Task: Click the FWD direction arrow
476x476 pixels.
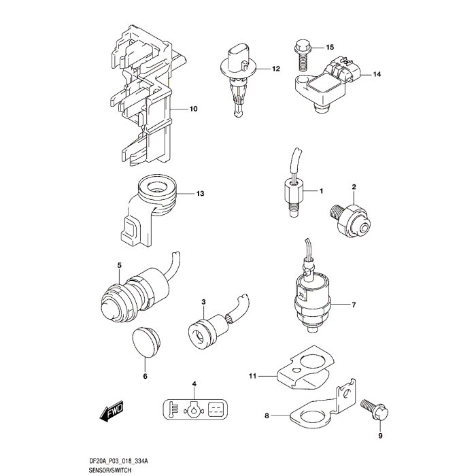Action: pyautogui.click(x=112, y=411)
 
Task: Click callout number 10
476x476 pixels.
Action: pyautogui.click(x=193, y=109)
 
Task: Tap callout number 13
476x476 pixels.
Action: pyautogui.click(x=200, y=193)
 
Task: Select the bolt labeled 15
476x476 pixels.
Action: pyautogui.click(x=301, y=56)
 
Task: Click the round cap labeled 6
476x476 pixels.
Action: pyautogui.click(x=146, y=342)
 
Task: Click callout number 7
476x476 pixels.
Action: pyautogui.click(x=354, y=305)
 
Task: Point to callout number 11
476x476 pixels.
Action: pyautogui.click(x=252, y=376)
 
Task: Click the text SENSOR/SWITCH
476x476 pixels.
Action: pyautogui.click(x=110, y=471)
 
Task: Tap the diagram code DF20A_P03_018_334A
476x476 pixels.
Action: pyautogui.click(x=118, y=462)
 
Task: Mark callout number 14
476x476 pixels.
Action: pyautogui.click(x=377, y=74)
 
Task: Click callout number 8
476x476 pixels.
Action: pyautogui.click(x=267, y=415)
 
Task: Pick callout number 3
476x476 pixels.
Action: pyautogui.click(x=203, y=302)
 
